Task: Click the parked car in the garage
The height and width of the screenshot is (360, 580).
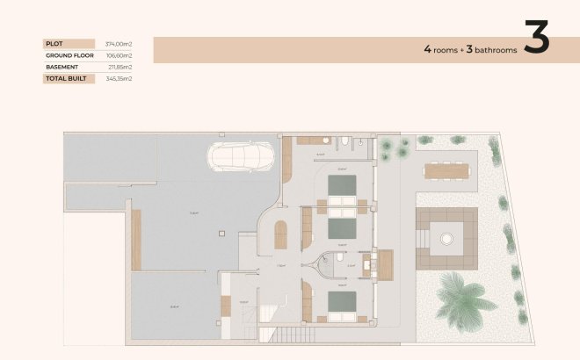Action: [x=241, y=156]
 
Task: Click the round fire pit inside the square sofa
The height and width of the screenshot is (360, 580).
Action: [x=447, y=237]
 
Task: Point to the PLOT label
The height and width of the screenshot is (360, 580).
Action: [x=54, y=43]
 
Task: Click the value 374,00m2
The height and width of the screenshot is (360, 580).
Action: [x=118, y=43]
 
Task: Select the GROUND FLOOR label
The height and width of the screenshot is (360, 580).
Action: [x=69, y=54]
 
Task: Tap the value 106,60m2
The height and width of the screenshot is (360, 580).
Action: [x=118, y=54]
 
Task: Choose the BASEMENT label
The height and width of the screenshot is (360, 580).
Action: [x=62, y=67]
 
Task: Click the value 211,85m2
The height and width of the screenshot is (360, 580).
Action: [x=120, y=67]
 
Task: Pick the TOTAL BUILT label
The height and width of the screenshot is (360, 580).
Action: [x=65, y=78]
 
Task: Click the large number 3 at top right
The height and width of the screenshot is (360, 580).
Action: [x=537, y=39]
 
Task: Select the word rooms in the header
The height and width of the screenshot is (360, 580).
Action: [x=446, y=50]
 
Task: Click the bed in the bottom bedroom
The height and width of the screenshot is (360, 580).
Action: [x=342, y=304]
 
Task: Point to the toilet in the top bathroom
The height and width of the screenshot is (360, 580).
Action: [x=348, y=143]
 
